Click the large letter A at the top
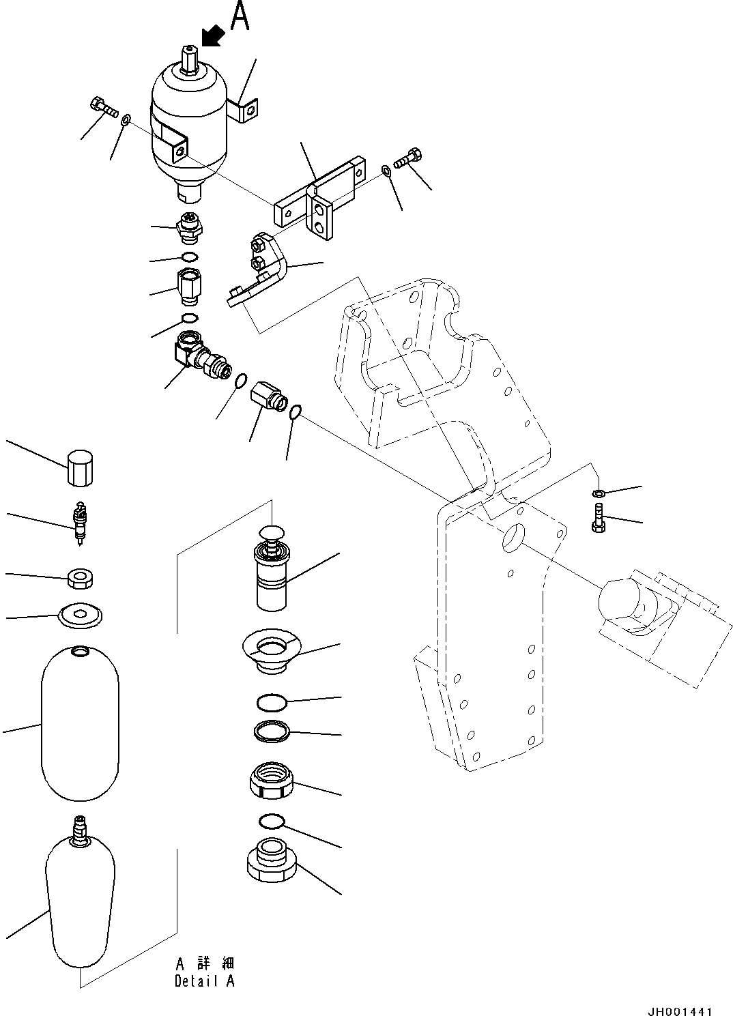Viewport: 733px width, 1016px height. pos(240,17)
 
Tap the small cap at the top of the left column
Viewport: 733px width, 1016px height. pos(81,467)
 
